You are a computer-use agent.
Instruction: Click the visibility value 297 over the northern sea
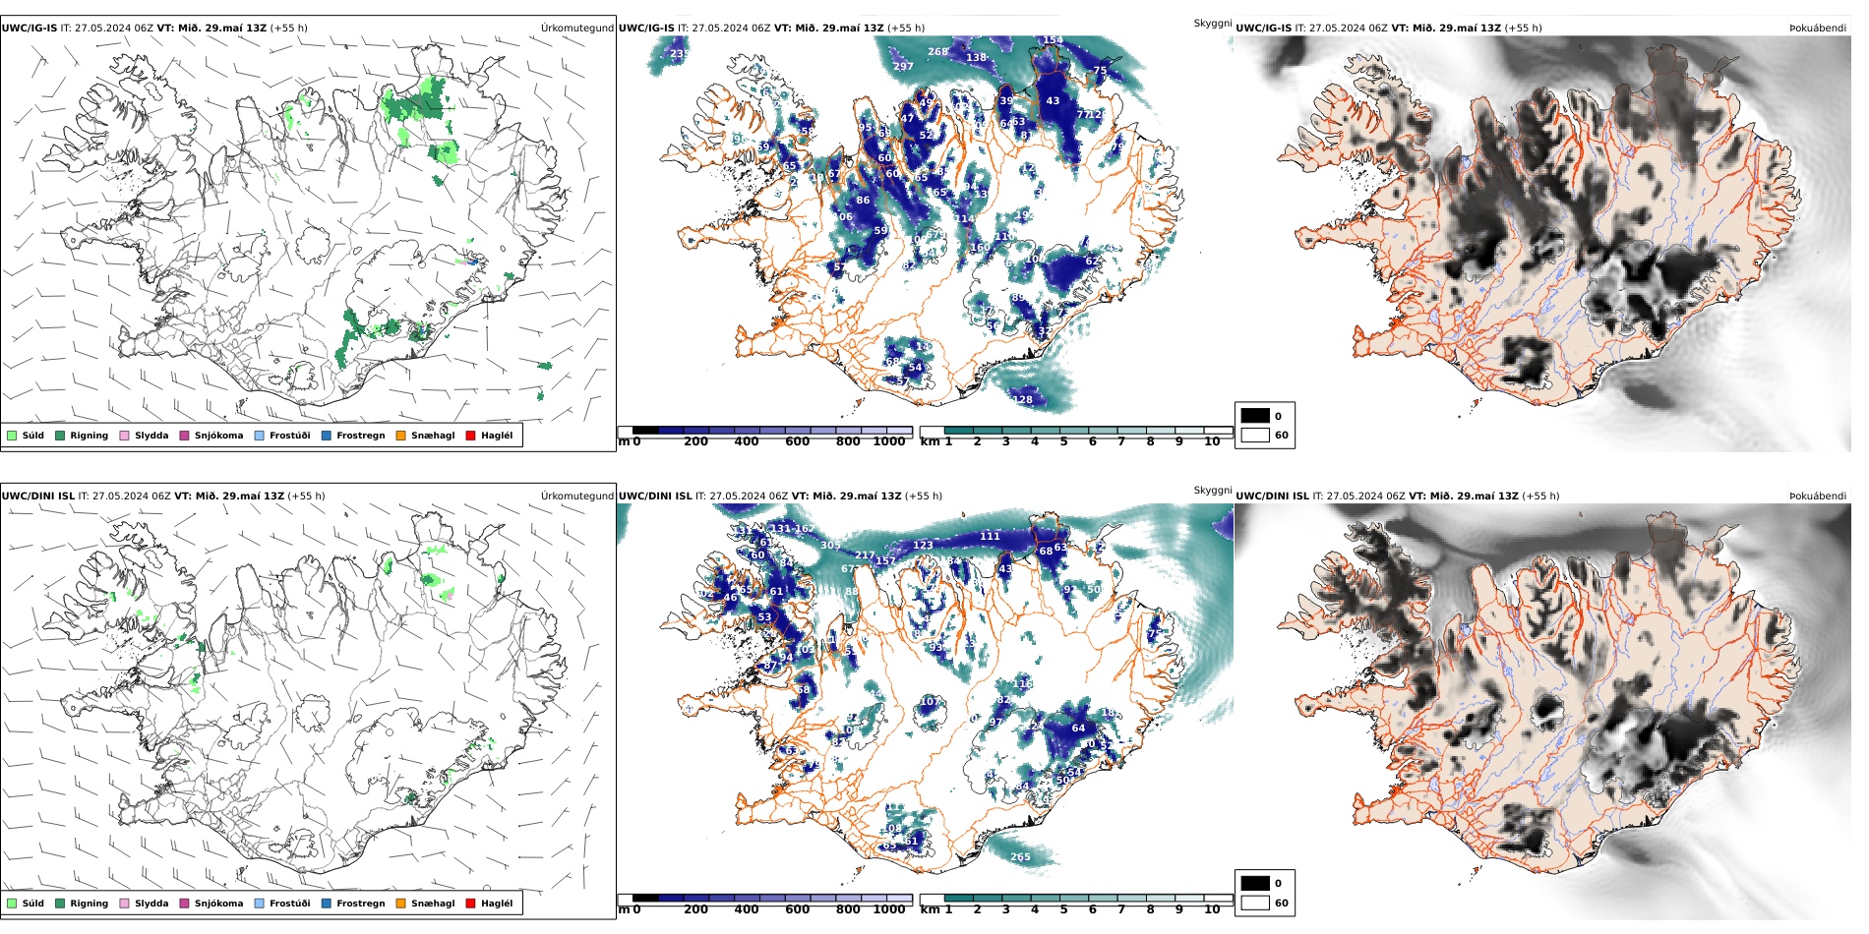pyautogui.click(x=903, y=67)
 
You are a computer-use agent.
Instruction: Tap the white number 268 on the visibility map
pyautogui.click(x=937, y=52)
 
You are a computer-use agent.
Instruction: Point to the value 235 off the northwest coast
pyautogui.click(x=679, y=54)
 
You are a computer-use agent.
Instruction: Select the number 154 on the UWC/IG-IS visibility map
pyautogui.click(x=1053, y=40)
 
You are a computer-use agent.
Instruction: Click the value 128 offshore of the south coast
pyautogui.click(x=1023, y=399)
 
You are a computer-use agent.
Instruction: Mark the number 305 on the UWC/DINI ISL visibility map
pyautogui.click(x=830, y=545)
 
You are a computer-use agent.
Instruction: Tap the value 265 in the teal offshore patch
pyautogui.click(x=1020, y=857)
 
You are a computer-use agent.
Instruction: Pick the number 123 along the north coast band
pyautogui.click(x=923, y=545)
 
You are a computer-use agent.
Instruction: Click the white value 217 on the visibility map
pyautogui.click(x=864, y=555)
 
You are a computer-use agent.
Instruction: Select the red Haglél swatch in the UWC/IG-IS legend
pyautogui.click(x=470, y=436)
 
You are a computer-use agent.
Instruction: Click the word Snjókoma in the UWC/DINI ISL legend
pyautogui.click(x=218, y=904)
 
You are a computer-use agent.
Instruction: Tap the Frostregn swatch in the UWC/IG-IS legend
pyautogui.click(x=327, y=436)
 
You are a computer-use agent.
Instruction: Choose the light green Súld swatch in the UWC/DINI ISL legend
pyautogui.click(x=12, y=904)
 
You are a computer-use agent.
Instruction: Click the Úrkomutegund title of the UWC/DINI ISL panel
pyautogui.click(x=576, y=496)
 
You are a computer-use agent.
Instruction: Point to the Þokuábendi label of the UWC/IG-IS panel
pyautogui.click(x=1817, y=28)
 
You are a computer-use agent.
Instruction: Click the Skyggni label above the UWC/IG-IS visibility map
pyautogui.click(x=1212, y=23)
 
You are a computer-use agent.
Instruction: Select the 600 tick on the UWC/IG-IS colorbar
pyautogui.click(x=797, y=441)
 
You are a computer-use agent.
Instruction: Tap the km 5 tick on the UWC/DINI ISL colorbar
pyautogui.click(x=1063, y=909)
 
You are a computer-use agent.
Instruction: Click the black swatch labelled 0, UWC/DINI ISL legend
pyautogui.click(x=1254, y=883)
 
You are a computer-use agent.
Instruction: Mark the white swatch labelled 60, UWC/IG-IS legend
pyautogui.click(x=1254, y=435)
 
